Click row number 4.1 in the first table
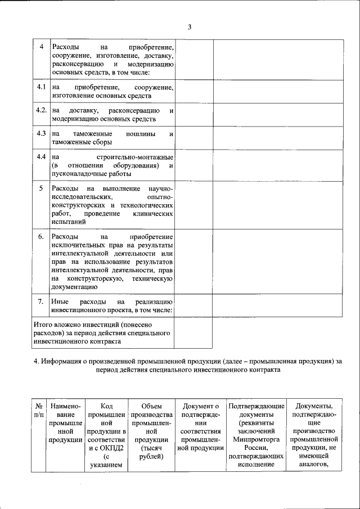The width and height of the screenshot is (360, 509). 40,88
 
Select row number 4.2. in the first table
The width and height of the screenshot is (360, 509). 41,110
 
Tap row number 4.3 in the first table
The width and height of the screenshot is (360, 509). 40,134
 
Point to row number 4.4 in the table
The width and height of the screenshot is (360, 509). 40,156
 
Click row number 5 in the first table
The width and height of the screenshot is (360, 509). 40,188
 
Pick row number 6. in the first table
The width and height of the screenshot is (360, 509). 40,237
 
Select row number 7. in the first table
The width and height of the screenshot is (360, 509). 40,301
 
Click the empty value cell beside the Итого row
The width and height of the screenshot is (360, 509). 192,333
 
